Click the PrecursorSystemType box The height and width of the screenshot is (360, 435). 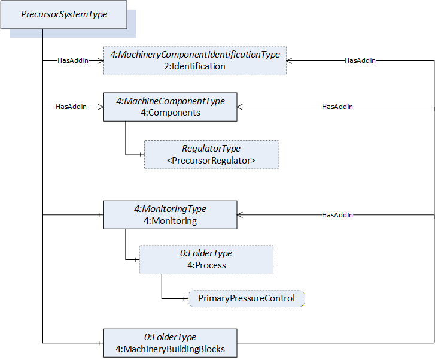coord(64,15)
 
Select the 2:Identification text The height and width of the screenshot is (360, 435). coord(194,66)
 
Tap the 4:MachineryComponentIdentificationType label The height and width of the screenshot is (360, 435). coord(194,55)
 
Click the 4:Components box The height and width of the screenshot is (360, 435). coord(170,107)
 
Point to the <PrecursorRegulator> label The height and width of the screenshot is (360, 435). coord(211,161)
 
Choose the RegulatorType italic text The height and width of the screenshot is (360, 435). coord(211,149)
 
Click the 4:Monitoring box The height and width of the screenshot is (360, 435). coord(170,215)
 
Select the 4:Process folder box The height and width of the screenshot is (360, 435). coord(206,260)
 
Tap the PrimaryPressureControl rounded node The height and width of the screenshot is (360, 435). coord(247,299)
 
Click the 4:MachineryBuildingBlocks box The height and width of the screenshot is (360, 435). coord(170,343)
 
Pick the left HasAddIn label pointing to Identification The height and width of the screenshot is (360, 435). coord(73,60)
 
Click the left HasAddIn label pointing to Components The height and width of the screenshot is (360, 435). coord(71,107)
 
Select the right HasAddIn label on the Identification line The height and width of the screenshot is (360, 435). coord(360,60)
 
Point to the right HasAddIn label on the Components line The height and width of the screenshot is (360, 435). coord(337,107)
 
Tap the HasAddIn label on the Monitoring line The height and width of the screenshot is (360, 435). coord(337,215)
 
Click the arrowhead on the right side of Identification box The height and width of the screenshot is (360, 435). coord(289,60)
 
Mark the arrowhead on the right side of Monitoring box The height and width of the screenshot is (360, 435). coord(240,215)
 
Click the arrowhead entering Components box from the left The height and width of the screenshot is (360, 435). coord(100,107)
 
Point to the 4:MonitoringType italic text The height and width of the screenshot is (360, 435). coord(170,209)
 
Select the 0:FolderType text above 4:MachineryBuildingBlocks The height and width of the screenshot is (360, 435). coord(170,337)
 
